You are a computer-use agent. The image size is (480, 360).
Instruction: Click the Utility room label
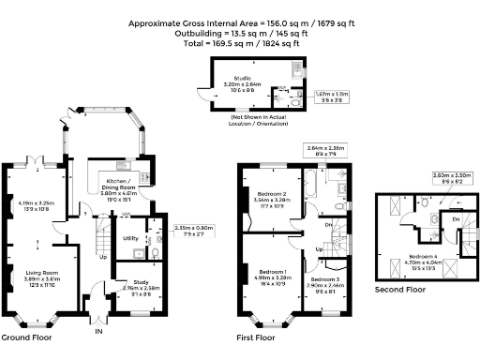pos(131,238)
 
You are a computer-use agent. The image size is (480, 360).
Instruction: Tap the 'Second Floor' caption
pos(401,290)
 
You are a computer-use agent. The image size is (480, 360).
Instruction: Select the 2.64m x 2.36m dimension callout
pos(323,149)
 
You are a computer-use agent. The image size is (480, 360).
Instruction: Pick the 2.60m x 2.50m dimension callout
pos(426,176)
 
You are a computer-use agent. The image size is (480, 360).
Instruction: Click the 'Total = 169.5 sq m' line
pos(240,43)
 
